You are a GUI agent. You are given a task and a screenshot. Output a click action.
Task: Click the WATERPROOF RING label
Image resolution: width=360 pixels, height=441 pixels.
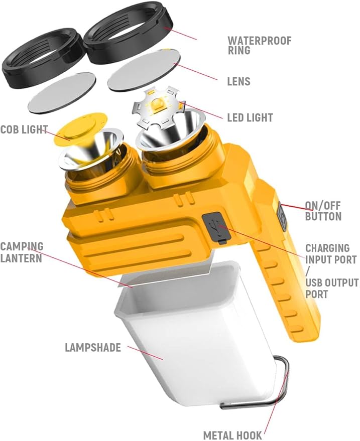pyautogui.click(x=260, y=45)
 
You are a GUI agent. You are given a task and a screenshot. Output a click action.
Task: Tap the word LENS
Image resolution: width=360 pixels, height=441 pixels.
pyautogui.click(x=238, y=82)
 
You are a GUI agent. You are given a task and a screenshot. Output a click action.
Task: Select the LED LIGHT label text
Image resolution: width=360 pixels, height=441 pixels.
pyautogui.click(x=250, y=117)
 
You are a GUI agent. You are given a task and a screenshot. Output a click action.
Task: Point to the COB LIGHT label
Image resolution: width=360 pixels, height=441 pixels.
pyautogui.click(x=24, y=129)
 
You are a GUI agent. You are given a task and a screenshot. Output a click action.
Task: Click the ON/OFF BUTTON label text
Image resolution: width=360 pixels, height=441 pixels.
pyautogui.click(x=323, y=211)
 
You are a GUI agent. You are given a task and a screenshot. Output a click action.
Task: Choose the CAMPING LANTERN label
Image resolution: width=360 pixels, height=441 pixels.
pyautogui.click(x=22, y=252)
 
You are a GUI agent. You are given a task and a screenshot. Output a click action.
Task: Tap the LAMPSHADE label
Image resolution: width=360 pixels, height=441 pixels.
pyautogui.click(x=93, y=347)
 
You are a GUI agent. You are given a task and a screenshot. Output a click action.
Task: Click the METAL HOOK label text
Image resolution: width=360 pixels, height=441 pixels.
pyautogui.click(x=232, y=435)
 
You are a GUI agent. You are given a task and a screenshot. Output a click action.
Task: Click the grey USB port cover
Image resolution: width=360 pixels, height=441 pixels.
pyautogui.click(x=216, y=227)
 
